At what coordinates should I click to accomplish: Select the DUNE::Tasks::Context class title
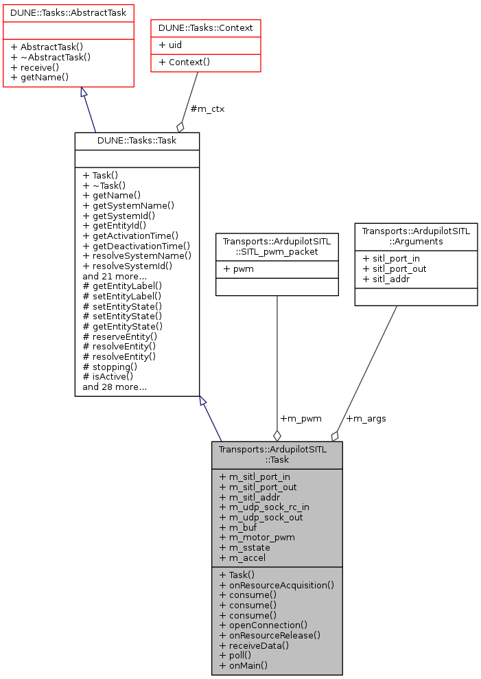pyautogui.click(x=206, y=28)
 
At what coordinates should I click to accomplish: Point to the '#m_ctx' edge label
pyautogui.click(x=207, y=108)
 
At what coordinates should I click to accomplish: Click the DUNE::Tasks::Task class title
pyautogui.click(x=137, y=141)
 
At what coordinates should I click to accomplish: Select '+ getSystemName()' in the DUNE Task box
pyautogui.click(x=128, y=205)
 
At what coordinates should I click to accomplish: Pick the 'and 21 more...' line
pyautogui.click(x=114, y=276)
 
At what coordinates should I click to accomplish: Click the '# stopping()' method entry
pyautogui.click(x=110, y=367)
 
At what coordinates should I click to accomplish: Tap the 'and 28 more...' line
pyautogui.click(x=114, y=387)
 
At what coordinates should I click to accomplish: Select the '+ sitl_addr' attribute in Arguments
pyautogui.click(x=390, y=279)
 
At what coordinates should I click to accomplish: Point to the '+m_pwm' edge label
pyautogui.click(x=301, y=418)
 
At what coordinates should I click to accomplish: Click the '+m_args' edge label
pyautogui.click(x=366, y=418)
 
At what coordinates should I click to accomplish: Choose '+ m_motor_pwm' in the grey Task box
pyautogui.click(x=257, y=538)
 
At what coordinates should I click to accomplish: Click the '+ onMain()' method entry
pyautogui.click(x=244, y=665)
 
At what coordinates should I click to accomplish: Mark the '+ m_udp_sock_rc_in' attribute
pyautogui.click(x=264, y=507)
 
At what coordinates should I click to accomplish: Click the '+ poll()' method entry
pyautogui.click(x=237, y=656)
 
